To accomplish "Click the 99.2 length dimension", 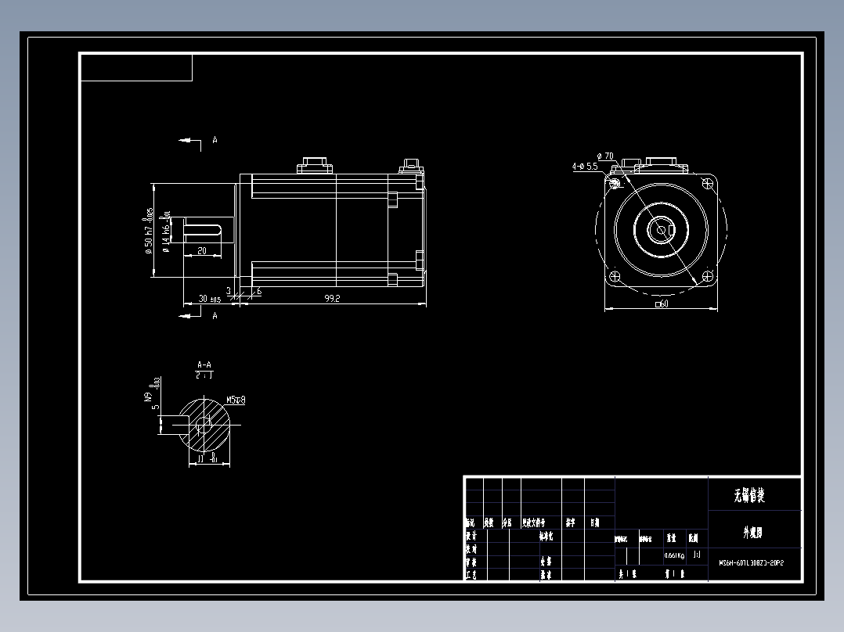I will [332, 298].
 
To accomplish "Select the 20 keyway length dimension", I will [201, 251].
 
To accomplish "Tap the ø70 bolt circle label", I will [604, 156].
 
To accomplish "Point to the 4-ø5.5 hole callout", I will [585, 167].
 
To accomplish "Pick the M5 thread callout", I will [236, 400].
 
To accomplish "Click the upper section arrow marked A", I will [189, 140].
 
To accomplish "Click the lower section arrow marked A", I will [189, 315].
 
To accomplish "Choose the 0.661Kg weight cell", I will [674, 555].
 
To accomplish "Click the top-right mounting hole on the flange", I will [709, 182].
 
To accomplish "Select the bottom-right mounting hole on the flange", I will [709, 276].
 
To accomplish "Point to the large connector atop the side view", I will [314, 166].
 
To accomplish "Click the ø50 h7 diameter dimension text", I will [148, 231].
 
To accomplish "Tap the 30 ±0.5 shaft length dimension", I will [210, 299].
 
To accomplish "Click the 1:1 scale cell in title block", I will [697, 555].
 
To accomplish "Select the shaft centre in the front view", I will [662, 229].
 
